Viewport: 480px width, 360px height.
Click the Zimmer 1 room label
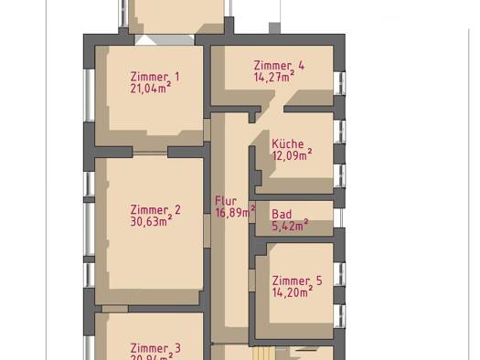click(155, 78)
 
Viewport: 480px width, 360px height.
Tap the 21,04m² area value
click(150, 89)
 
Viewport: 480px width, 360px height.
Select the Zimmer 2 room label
click(155, 210)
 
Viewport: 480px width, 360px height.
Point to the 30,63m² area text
click(151, 221)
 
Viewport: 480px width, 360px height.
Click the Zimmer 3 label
click(155, 348)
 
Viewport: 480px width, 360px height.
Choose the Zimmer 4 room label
click(279, 66)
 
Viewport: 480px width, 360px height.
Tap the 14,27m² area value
click(274, 78)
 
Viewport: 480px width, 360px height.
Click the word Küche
click(287, 144)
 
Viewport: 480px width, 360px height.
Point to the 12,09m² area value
click(292, 155)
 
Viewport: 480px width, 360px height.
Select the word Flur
click(226, 201)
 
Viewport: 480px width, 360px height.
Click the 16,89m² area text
click(235, 212)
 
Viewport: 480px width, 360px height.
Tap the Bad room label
click(282, 215)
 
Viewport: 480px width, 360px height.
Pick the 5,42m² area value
click(290, 226)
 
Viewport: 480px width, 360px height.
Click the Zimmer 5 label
click(296, 281)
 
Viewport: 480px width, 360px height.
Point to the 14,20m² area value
click(292, 292)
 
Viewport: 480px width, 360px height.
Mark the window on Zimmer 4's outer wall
click(339, 82)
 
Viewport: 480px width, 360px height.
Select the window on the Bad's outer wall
click(339, 218)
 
